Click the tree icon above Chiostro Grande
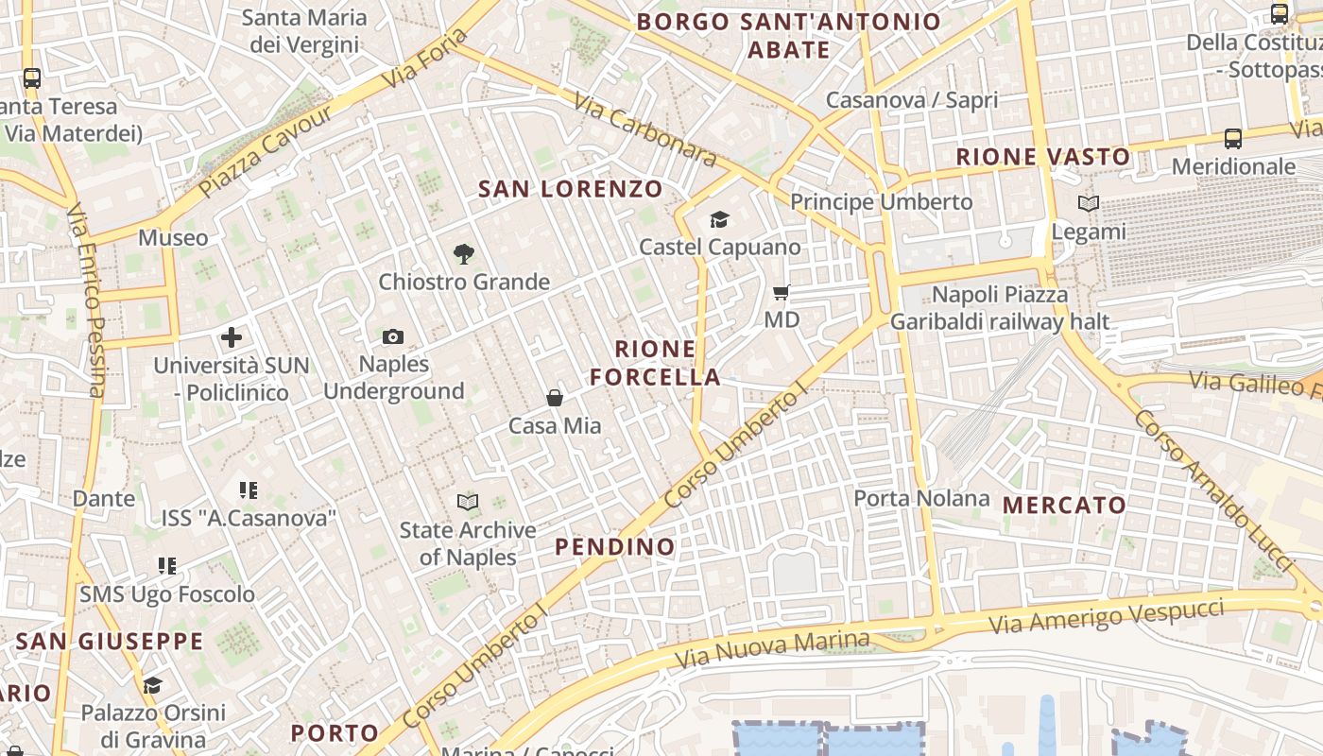[463, 253]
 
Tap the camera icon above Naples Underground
[393, 336]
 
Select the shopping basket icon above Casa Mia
[555, 399]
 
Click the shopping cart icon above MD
[782, 293]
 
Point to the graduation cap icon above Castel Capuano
[720, 220]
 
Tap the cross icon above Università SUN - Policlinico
[232, 337]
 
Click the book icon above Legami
[1089, 203]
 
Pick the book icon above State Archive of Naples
[468, 502]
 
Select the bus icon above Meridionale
[1233, 139]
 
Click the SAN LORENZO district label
[571, 189]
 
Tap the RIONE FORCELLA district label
[655, 363]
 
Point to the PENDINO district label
[615, 546]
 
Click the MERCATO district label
[1064, 505]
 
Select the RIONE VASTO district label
[1043, 157]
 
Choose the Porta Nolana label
[922, 498]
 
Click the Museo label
[173, 237]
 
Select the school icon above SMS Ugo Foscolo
[167, 566]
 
